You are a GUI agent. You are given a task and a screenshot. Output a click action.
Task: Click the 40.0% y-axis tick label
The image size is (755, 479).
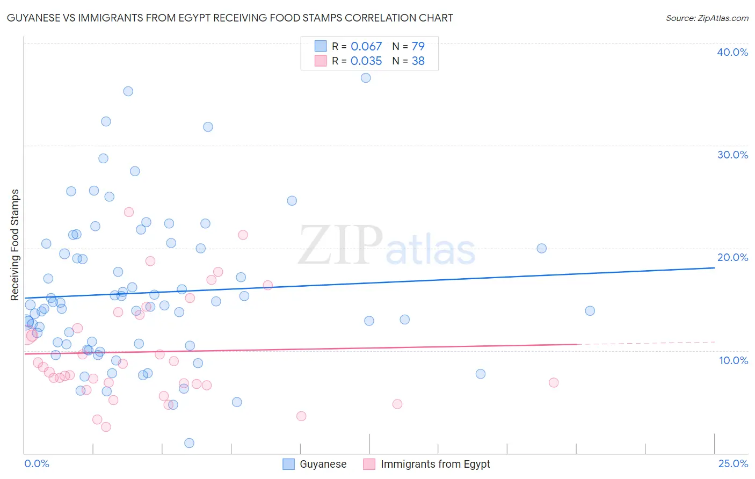pyautogui.click(x=732, y=52)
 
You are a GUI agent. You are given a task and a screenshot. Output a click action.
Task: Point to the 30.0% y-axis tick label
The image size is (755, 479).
pyautogui.click(x=732, y=155)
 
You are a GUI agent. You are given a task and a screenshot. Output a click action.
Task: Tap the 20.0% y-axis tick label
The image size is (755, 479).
pyautogui.click(x=732, y=257)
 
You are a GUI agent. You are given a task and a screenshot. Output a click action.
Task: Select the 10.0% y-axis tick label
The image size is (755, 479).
pyautogui.click(x=734, y=360)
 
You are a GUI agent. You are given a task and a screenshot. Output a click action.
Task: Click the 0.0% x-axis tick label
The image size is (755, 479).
pyautogui.click(x=37, y=463)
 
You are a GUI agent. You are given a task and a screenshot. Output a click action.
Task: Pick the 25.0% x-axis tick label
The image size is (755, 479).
pyautogui.click(x=733, y=463)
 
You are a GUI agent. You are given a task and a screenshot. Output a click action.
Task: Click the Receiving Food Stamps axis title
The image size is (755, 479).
pyautogui.click(x=15, y=245)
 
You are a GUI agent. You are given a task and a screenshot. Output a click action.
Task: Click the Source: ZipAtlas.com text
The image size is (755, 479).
pyautogui.click(x=707, y=18)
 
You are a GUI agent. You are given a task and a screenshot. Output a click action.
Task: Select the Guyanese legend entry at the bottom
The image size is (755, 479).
pyautogui.click(x=322, y=464)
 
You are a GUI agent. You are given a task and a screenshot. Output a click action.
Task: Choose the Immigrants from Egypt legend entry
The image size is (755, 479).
pyautogui.click(x=435, y=464)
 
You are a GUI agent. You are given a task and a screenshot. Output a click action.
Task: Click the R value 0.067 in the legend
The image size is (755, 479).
pyautogui.click(x=366, y=47)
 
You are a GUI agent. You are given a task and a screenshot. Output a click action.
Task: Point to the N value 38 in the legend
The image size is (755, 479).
pyautogui.click(x=418, y=61)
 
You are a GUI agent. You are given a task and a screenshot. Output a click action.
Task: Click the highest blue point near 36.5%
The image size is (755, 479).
pyautogui.click(x=366, y=78)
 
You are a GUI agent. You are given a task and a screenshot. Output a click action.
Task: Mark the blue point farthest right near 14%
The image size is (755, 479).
pyautogui.click(x=590, y=311)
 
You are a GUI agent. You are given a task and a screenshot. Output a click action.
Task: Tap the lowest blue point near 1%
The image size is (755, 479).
pyautogui.click(x=189, y=443)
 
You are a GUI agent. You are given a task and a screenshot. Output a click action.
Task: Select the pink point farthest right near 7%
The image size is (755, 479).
pyautogui.click(x=554, y=382)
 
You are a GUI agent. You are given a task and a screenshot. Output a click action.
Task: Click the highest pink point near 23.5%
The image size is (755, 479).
pyautogui.click(x=129, y=212)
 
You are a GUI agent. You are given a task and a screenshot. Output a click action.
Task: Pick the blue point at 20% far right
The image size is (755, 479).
pyautogui.click(x=541, y=248)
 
